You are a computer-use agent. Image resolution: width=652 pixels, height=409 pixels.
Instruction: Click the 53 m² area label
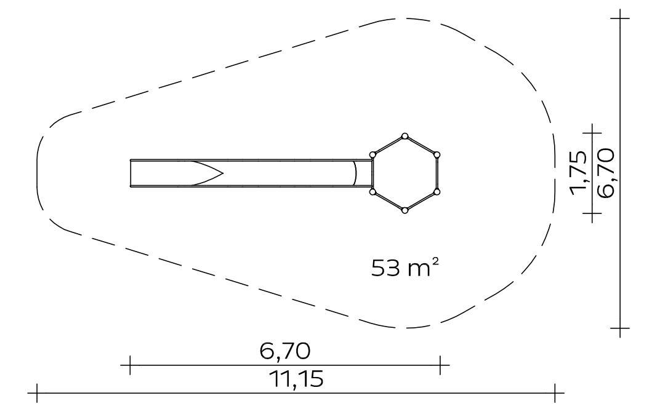tap(405, 268)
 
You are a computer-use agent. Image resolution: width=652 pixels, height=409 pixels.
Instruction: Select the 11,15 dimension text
tap(296, 379)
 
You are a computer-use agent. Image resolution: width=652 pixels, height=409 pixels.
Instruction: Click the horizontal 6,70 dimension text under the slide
tap(285, 351)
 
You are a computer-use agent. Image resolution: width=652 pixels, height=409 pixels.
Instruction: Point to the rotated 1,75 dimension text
tap(578, 173)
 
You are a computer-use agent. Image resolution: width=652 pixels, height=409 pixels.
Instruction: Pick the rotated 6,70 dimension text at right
tap(605, 173)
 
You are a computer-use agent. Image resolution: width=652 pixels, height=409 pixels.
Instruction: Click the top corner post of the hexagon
tap(404, 136)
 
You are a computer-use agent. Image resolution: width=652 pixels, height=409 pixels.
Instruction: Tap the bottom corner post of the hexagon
tap(404, 210)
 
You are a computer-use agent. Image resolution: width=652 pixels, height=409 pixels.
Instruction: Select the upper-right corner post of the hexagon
tap(437, 155)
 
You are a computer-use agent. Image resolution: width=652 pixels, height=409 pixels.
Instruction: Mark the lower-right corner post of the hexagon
tap(437, 192)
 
